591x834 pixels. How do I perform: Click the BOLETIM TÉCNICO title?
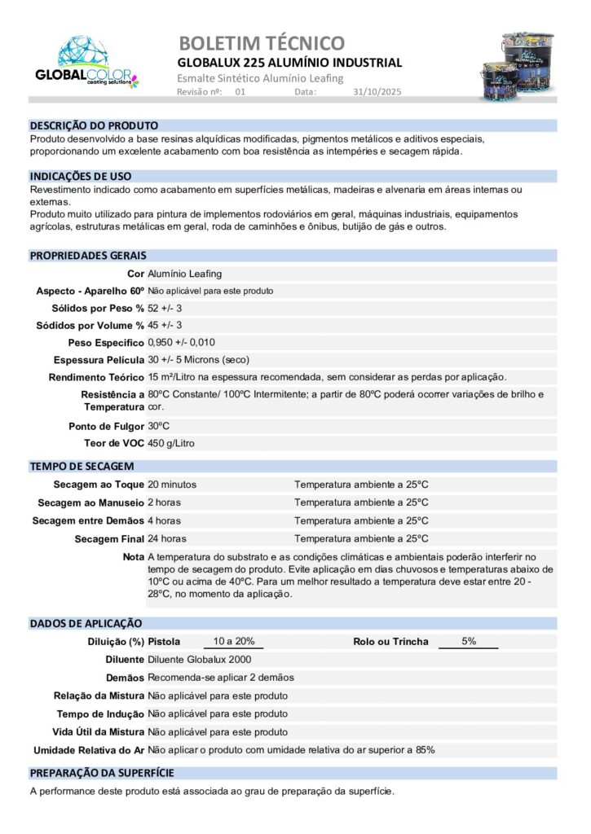pos(261,43)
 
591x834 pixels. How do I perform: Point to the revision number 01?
pos(240,92)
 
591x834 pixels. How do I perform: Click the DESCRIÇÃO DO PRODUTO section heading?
pos(94,126)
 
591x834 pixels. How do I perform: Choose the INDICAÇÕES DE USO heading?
pos(81,176)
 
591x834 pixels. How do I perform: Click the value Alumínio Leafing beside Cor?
pos(184,274)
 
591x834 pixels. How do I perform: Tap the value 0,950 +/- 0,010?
pos(181,342)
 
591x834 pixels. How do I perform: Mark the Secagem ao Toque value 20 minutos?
pos(172,485)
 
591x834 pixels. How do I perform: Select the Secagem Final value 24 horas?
pos(166,538)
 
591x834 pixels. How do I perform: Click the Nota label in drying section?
pos(133,556)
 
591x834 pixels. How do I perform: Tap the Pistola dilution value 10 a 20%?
pos(233,641)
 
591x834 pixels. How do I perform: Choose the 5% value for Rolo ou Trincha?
pos(469,641)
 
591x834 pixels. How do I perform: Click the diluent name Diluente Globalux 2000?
pos(199,660)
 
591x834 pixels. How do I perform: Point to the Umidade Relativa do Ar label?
pos(88,749)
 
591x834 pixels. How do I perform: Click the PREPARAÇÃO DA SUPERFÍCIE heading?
pos(102,773)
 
